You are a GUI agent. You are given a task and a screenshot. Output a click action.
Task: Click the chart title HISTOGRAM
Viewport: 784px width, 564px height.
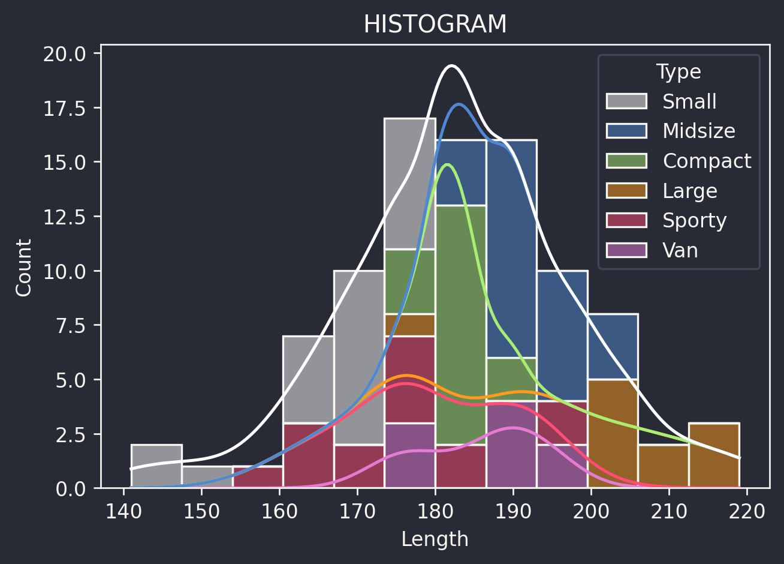coord(435,25)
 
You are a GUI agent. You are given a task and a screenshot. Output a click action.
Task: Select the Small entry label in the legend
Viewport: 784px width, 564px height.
coord(689,101)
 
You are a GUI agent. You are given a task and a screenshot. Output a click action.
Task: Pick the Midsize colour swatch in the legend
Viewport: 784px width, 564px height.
coord(626,131)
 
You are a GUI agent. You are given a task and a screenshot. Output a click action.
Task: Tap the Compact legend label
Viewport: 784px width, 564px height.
coord(707,161)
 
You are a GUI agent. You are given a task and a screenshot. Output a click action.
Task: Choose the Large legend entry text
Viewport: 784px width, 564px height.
coord(689,191)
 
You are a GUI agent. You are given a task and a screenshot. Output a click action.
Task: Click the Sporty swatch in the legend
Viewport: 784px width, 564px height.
coord(626,220)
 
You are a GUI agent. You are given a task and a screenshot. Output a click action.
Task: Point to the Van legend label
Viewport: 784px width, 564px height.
coord(680,250)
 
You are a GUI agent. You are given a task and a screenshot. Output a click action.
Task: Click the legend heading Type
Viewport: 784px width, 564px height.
coord(679,72)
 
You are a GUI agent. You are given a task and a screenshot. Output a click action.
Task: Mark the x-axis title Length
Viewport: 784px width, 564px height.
coord(435,539)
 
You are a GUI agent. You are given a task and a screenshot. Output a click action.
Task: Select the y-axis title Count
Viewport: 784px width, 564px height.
coord(24,267)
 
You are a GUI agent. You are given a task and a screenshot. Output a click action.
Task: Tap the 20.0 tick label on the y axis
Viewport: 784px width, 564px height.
coord(64,54)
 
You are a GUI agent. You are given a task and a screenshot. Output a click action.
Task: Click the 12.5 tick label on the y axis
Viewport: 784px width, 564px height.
coord(64,217)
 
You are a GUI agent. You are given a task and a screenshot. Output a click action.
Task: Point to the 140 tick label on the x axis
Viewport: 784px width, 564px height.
coord(123,512)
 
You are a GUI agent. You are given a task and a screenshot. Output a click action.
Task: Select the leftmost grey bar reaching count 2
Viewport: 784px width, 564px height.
coord(156,466)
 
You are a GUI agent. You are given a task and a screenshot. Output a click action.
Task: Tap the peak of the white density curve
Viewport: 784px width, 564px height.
coord(452,65)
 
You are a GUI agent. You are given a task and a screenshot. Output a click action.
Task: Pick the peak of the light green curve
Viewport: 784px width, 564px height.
coord(447,164)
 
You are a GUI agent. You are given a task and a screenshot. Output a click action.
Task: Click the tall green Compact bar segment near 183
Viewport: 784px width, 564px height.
coord(460,324)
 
